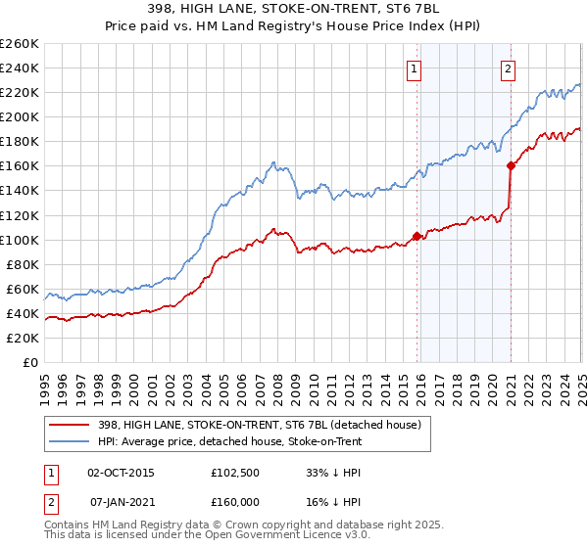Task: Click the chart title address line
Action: coord(293,10)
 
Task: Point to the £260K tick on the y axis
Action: coord(20,44)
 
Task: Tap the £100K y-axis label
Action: coord(20,240)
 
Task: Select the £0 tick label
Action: coord(30,362)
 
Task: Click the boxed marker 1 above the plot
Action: coord(416,68)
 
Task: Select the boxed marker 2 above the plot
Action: coord(510,68)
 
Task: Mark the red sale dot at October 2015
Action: coord(416,236)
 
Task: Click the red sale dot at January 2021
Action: coord(511,165)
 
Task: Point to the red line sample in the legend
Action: coord(70,424)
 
